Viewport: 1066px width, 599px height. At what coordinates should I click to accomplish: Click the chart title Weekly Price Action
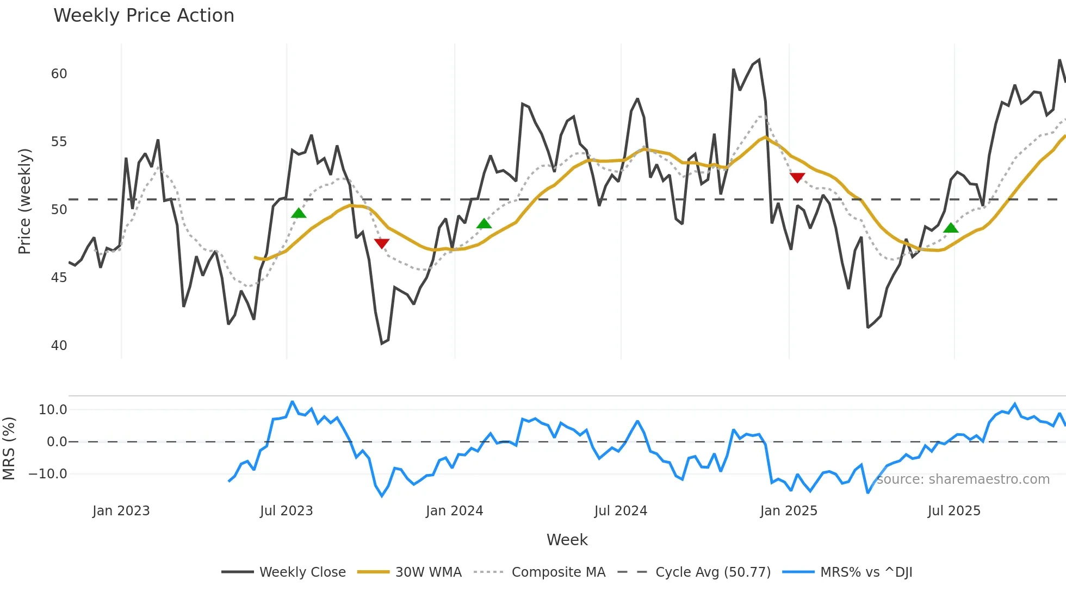(144, 16)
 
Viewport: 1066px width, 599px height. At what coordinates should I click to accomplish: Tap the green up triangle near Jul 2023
(299, 213)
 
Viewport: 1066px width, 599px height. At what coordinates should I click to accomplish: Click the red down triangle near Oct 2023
(382, 243)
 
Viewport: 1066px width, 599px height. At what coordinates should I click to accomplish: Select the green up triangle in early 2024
(484, 224)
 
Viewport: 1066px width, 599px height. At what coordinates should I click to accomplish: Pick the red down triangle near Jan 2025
(797, 177)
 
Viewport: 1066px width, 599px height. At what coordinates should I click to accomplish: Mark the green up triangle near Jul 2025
(951, 228)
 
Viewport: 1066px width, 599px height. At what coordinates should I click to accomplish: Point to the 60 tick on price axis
(59, 74)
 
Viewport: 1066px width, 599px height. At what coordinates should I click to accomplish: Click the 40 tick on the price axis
(59, 346)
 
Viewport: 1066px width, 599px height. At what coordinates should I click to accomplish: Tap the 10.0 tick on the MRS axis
(53, 410)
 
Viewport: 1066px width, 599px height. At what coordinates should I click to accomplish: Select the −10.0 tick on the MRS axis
(48, 474)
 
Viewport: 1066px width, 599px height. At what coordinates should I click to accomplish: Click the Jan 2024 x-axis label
(454, 511)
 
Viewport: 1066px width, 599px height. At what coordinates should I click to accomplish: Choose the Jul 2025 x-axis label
(954, 511)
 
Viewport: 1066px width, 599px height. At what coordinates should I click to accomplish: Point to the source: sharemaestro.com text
(963, 479)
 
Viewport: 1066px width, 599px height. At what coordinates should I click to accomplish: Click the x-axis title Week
(567, 540)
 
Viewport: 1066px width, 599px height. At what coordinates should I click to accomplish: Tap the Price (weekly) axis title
(24, 201)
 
